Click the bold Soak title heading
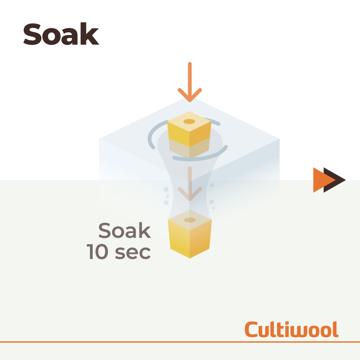click(x=61, y=34)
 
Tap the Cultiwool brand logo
click(x=292, y=329)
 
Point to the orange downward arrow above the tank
click(x=190, y=82)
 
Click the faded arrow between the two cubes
click(x=190, y=184)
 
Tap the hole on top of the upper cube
click(x=189, y=121)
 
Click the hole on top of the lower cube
click(x=190, y=220)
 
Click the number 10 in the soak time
click(x=97, y=252)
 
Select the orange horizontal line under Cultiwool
click(x=180, y=342)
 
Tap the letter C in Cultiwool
click(x=251, y=329)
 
